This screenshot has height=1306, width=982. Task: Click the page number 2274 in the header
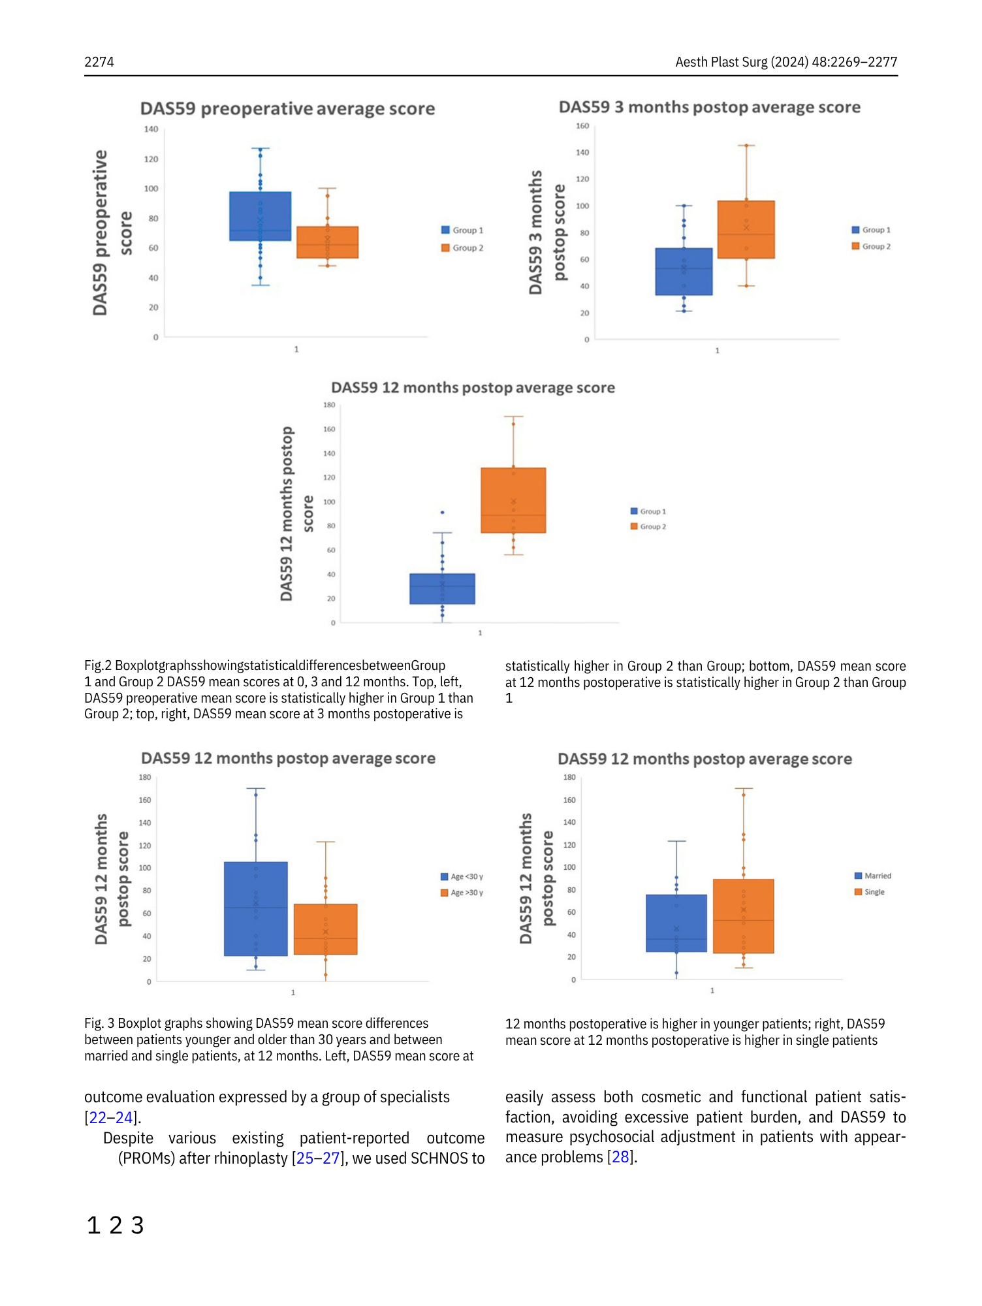99,62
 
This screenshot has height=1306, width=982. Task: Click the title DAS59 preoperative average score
287,108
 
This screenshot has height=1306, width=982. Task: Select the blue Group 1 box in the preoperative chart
260,216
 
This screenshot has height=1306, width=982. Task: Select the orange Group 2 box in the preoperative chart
327,242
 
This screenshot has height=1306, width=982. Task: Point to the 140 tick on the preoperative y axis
151,129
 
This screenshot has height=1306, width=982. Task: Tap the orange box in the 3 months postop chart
746,229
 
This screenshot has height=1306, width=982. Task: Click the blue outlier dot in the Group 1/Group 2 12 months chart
442,513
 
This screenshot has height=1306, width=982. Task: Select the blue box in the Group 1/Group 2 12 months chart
442,588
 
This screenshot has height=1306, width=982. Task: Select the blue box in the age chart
255,908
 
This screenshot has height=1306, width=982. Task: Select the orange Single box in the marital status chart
743,916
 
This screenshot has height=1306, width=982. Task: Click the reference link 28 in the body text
620,1157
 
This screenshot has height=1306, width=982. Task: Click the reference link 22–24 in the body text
111,1117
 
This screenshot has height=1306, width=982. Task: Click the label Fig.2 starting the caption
98,665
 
